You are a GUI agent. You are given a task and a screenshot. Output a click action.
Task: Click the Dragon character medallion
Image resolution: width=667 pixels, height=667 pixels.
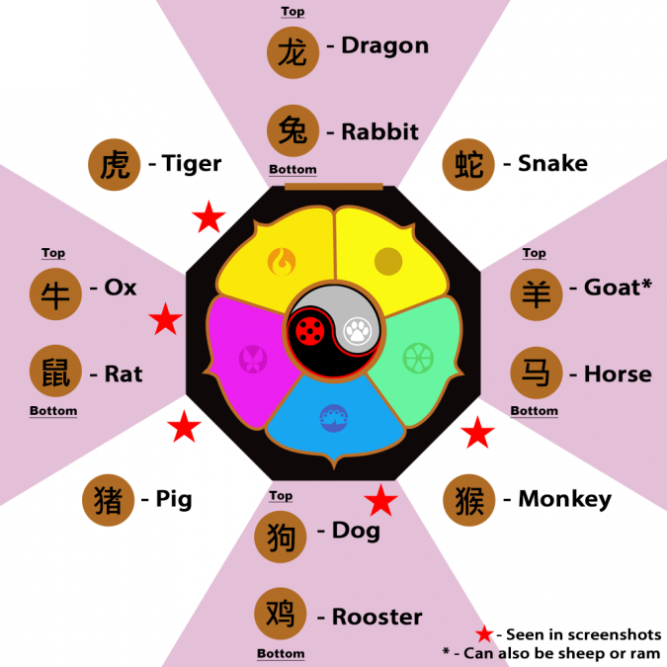click(292, 52)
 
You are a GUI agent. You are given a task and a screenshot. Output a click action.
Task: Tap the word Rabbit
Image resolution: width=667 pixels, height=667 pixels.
click(379, 131)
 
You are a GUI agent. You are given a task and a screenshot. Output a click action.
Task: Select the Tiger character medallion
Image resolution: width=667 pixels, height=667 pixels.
click(114, 165)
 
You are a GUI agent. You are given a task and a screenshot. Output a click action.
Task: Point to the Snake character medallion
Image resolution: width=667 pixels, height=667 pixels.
click(468, 165)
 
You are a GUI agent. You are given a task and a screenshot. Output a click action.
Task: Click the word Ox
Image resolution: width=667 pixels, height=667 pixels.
click(121, 288)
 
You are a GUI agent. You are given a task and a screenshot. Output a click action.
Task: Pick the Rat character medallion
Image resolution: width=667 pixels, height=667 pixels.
click(55, 371)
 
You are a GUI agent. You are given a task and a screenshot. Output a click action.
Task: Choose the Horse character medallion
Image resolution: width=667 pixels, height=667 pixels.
click(537, 373)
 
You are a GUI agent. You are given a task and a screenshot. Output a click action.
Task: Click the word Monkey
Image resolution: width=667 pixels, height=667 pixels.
click(565, 499)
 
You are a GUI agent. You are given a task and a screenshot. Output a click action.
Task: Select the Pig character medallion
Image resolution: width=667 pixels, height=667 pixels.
click(108, 500)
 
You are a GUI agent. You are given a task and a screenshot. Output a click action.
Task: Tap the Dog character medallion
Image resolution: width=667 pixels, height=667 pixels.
click(281, 537)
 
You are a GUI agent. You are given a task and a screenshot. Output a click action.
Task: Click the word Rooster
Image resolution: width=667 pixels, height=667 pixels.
click(376, 617)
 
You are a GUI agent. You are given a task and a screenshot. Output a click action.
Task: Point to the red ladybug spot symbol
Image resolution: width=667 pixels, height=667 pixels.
click(310, 331)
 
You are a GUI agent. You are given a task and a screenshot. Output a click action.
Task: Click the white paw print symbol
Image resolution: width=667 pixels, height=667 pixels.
click(358, 331)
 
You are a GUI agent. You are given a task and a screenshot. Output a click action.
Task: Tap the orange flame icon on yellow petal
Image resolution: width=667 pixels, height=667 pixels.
click(282, 262)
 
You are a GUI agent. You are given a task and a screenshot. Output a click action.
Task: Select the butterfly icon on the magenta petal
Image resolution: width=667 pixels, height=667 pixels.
click(253, 359)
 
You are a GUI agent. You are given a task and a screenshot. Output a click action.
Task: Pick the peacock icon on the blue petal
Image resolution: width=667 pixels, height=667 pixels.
click(334, 418)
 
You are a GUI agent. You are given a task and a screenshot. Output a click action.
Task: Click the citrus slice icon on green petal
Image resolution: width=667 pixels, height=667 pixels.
click(418, 358)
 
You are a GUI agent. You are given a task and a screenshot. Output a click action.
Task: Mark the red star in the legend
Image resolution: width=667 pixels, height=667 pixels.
click(484, 634)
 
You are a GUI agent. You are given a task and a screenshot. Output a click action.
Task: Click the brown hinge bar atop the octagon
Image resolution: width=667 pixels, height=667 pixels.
click(334, 187)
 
